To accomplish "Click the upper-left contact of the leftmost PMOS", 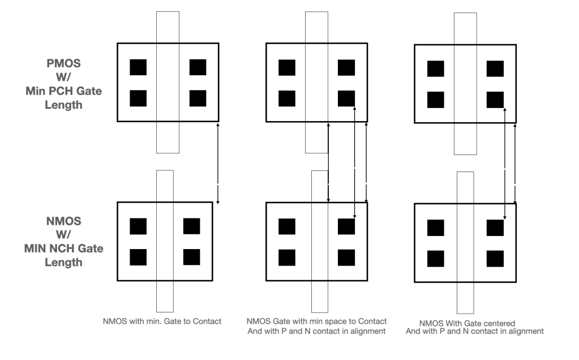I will click(x=138, y=67).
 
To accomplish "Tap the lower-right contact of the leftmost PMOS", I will click(x=198, y=98).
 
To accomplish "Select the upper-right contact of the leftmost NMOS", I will click(x=192, y=226).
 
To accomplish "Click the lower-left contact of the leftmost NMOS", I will click(x=138, y=257).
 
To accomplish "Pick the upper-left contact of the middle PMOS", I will click(x=287, y=67).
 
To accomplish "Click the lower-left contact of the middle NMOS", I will click(x=287, y=257).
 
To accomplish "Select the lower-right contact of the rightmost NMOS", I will click(x=495, y=259).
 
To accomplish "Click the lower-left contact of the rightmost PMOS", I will click(x=435, y=100).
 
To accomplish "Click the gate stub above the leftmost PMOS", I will click(x=167, y=26).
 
